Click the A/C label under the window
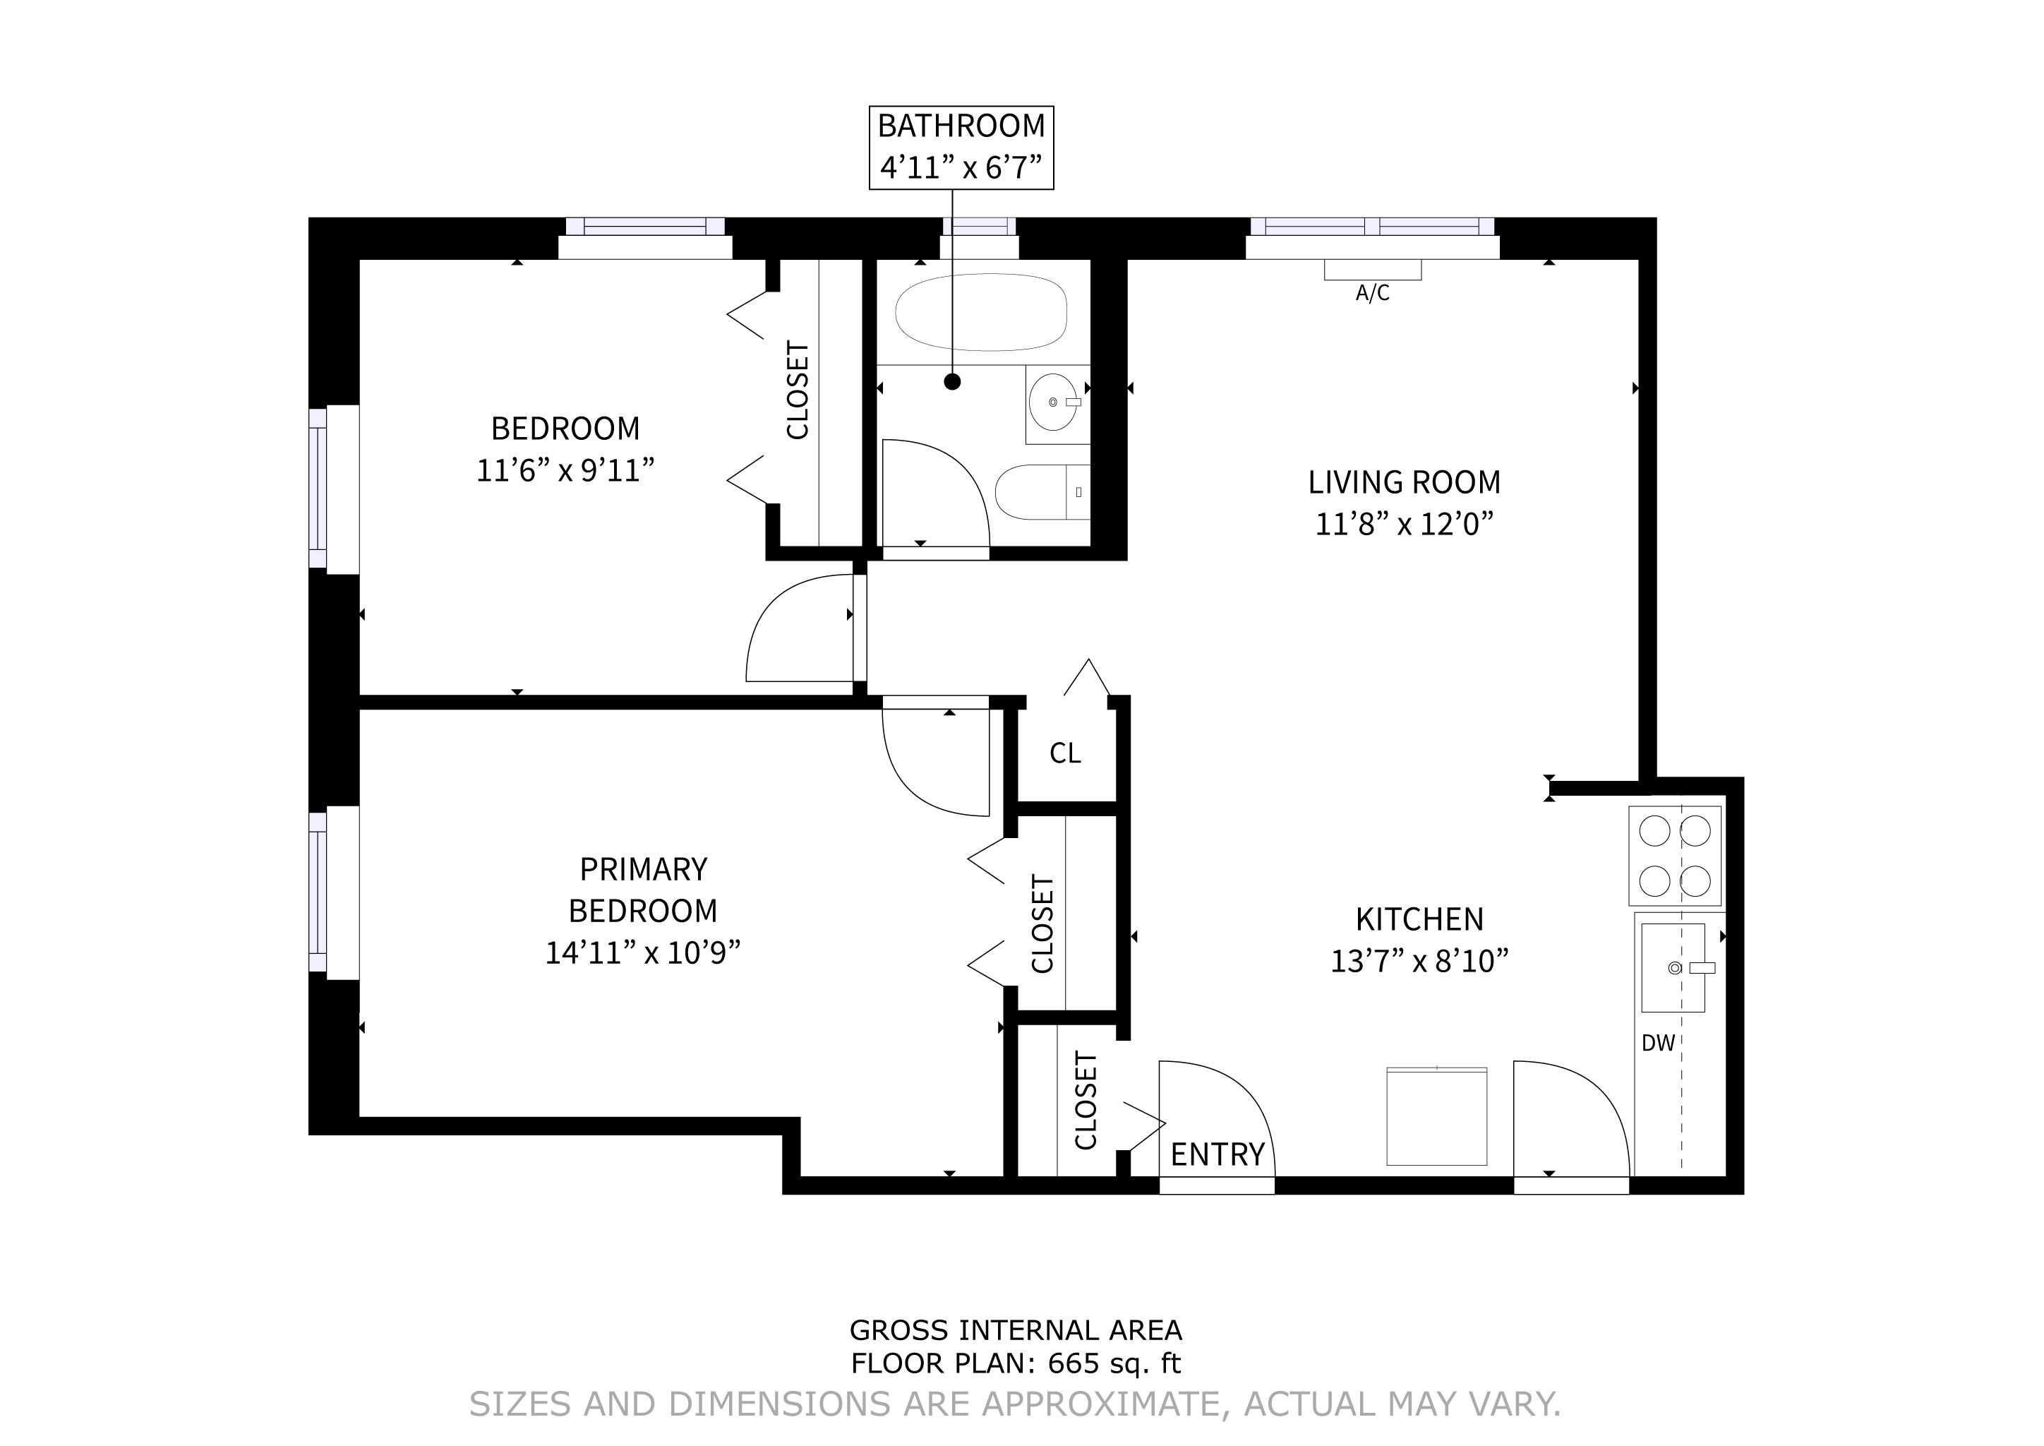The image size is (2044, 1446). (x=1372, y=293)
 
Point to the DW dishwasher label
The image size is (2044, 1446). (x=1659, y=1043)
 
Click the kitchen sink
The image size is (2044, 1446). (x=1673, y=968)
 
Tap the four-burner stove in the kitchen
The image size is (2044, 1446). (x=1675, y=856)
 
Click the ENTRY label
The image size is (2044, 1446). (x=1217, y=1155)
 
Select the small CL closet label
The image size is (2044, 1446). (x=1065, y=753)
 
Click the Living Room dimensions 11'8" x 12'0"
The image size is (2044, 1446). (x=1404, y=525)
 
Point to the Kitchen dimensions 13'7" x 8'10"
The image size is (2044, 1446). (x=1419, y=962)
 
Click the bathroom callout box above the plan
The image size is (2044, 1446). (x=961, y=147)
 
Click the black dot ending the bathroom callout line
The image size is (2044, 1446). (x=953, y=382)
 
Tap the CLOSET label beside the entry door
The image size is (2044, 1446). (x=1086, y=1101)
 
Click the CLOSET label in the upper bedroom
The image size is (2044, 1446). (x=798, y=390)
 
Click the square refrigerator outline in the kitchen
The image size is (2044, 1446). (x=1437, y=1116)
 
